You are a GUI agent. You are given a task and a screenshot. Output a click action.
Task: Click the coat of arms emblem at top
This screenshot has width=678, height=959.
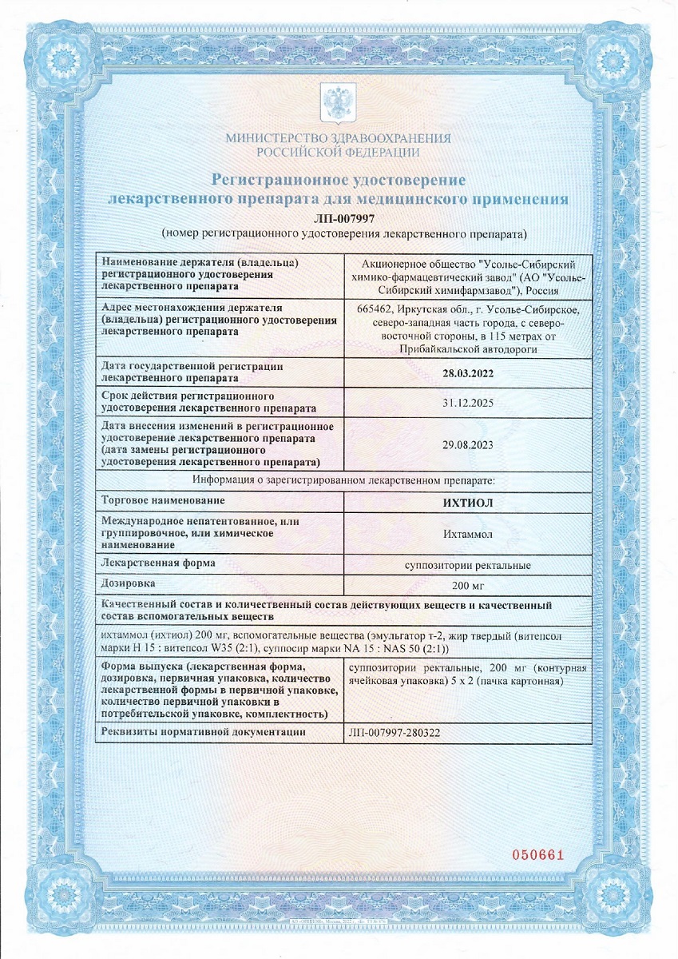[x=338, y=101]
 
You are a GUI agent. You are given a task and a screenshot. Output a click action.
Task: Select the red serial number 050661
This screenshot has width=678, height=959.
[x=537, y=855]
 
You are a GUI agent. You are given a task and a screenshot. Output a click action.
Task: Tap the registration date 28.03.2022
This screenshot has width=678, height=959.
[x=466, y=372]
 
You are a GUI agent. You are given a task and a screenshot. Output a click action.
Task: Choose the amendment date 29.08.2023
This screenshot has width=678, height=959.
[x=466, y=444]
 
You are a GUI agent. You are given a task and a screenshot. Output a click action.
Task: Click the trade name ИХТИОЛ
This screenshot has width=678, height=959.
[x=466, y=502]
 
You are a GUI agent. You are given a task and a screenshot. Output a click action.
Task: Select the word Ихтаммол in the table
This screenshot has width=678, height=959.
[x=466, y=533]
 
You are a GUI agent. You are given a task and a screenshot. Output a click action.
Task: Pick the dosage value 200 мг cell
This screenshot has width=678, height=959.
[x=466, y=585]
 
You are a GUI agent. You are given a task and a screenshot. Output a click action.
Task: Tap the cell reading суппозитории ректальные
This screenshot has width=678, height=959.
[x=466, y=565]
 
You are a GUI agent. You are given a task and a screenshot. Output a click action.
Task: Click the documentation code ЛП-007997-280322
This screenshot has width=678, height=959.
[x=396, y=732]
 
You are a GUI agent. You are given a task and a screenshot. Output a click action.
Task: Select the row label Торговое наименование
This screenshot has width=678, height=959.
[x=160, y=500]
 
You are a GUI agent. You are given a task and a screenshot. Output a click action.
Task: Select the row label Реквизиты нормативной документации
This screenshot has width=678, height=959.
[x=204, y=732]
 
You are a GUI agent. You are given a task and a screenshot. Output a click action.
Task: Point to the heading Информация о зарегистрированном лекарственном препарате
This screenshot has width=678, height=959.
[x=343, y=480]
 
